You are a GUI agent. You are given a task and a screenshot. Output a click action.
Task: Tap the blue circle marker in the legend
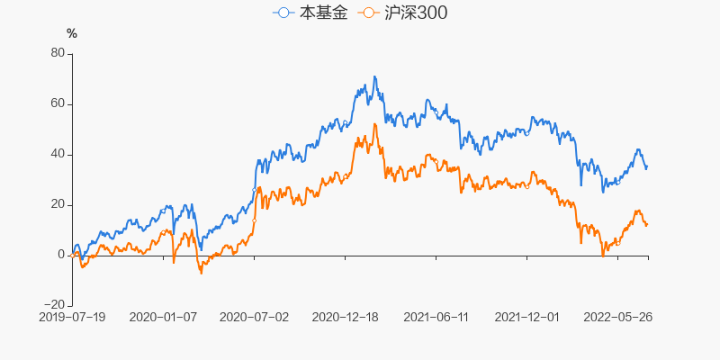click(285, 13)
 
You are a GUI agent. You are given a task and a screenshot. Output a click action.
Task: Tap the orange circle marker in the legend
click(368, 13)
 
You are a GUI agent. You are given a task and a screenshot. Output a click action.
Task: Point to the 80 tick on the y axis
click(57, 53)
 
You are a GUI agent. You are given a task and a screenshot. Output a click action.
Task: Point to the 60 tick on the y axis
click(57, 103)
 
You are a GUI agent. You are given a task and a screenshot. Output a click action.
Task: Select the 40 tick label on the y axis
click(57, 154)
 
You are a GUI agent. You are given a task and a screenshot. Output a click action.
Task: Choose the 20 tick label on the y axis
click(57, 204)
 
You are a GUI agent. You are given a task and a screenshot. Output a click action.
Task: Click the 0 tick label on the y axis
click(61, 255)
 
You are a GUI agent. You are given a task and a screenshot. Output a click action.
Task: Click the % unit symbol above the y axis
click(72, 33)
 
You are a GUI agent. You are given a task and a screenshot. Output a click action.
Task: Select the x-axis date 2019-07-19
click(72, 317)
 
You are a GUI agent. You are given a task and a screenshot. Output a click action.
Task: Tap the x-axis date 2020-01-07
click(163, 317)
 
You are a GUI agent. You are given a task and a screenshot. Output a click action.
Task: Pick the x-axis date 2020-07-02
click(255, 317)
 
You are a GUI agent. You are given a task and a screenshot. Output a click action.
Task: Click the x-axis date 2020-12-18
click(346, 317)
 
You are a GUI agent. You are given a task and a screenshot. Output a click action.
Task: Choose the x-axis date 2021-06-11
click(436, 317)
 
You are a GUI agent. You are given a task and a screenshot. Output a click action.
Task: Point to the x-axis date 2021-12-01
click(527, 317)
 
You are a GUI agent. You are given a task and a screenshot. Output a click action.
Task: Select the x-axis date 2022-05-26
click(618, 317)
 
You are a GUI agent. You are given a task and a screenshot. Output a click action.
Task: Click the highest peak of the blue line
click(374, 76)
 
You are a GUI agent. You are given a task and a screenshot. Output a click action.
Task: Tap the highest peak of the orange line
click(375, 124)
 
